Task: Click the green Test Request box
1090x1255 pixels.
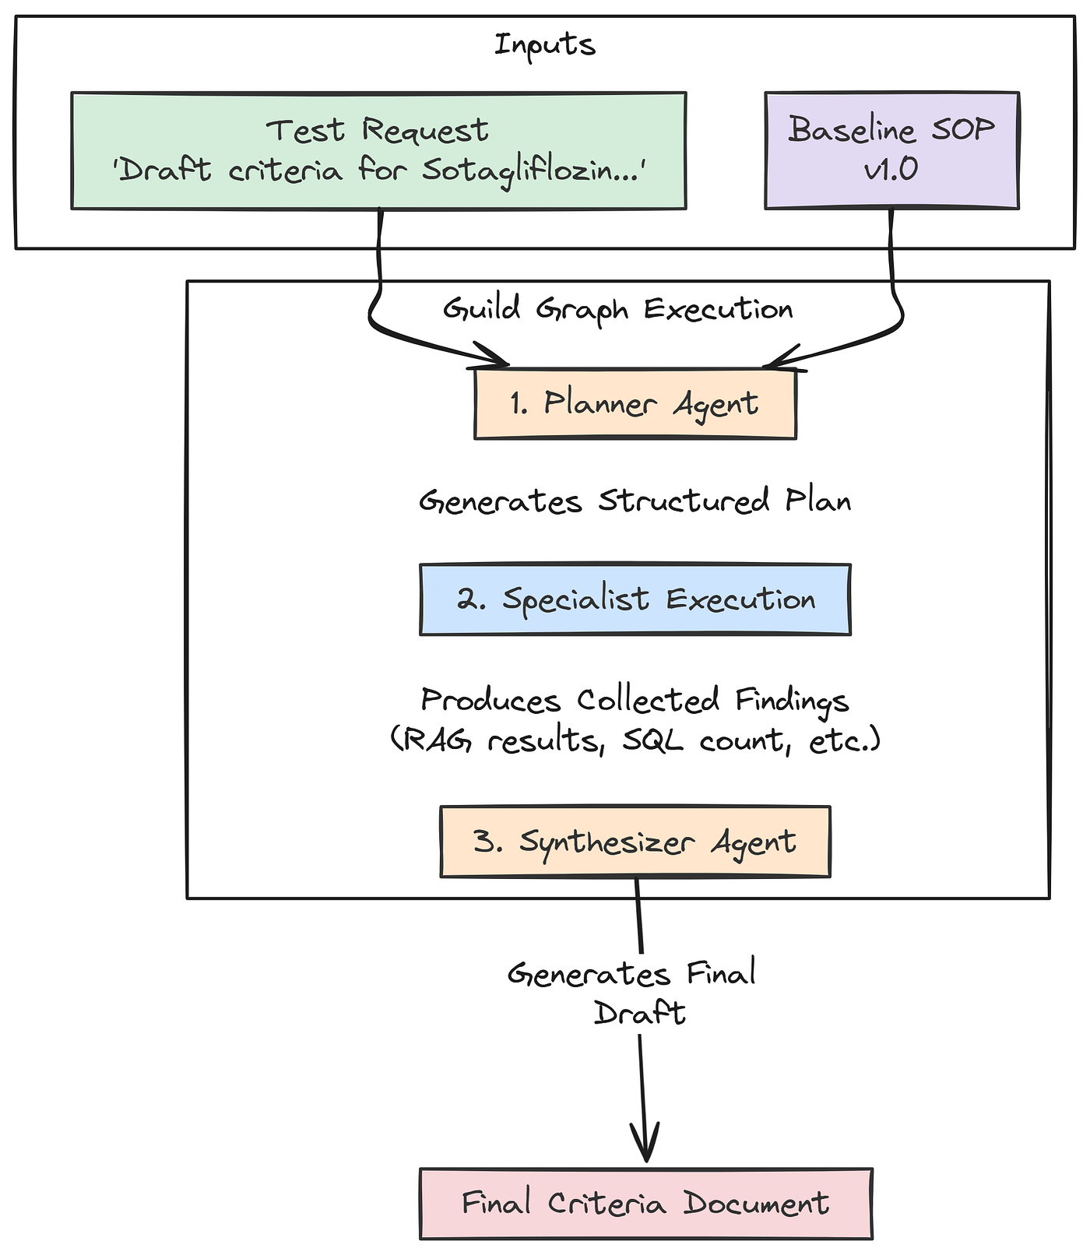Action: [x=378, y=150]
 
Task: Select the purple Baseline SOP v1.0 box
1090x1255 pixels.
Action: [x=891, y=150]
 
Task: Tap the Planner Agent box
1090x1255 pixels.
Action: [x=635, y=404]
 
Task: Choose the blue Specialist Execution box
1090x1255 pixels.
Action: [x=635, y=599]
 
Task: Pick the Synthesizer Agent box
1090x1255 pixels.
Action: [x=635, y=842]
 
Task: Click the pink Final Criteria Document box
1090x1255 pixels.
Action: [x=645, y=1204]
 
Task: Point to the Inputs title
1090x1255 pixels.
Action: [x=545, y=44]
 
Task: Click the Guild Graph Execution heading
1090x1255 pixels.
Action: [x=617, y=309]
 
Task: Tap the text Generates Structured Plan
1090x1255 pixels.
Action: [x=635, y=501]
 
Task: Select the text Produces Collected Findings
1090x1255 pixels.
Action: [x=635, y=700]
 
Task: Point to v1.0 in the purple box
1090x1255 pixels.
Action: [x=891, y=169]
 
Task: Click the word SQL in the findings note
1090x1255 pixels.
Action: [x=652, y=740]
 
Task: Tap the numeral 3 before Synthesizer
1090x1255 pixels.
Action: [x=487, y=842]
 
